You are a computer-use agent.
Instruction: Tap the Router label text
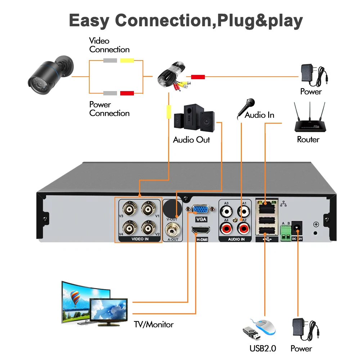[308, 139]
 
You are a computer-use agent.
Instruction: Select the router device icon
[308, 119]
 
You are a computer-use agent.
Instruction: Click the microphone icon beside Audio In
[246, 108]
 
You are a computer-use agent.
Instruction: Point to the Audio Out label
[191, 140]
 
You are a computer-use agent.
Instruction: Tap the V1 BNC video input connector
[148, 209]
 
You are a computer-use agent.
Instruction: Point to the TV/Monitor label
[154, 325]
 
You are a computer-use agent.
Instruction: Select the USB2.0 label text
[262, 348]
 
